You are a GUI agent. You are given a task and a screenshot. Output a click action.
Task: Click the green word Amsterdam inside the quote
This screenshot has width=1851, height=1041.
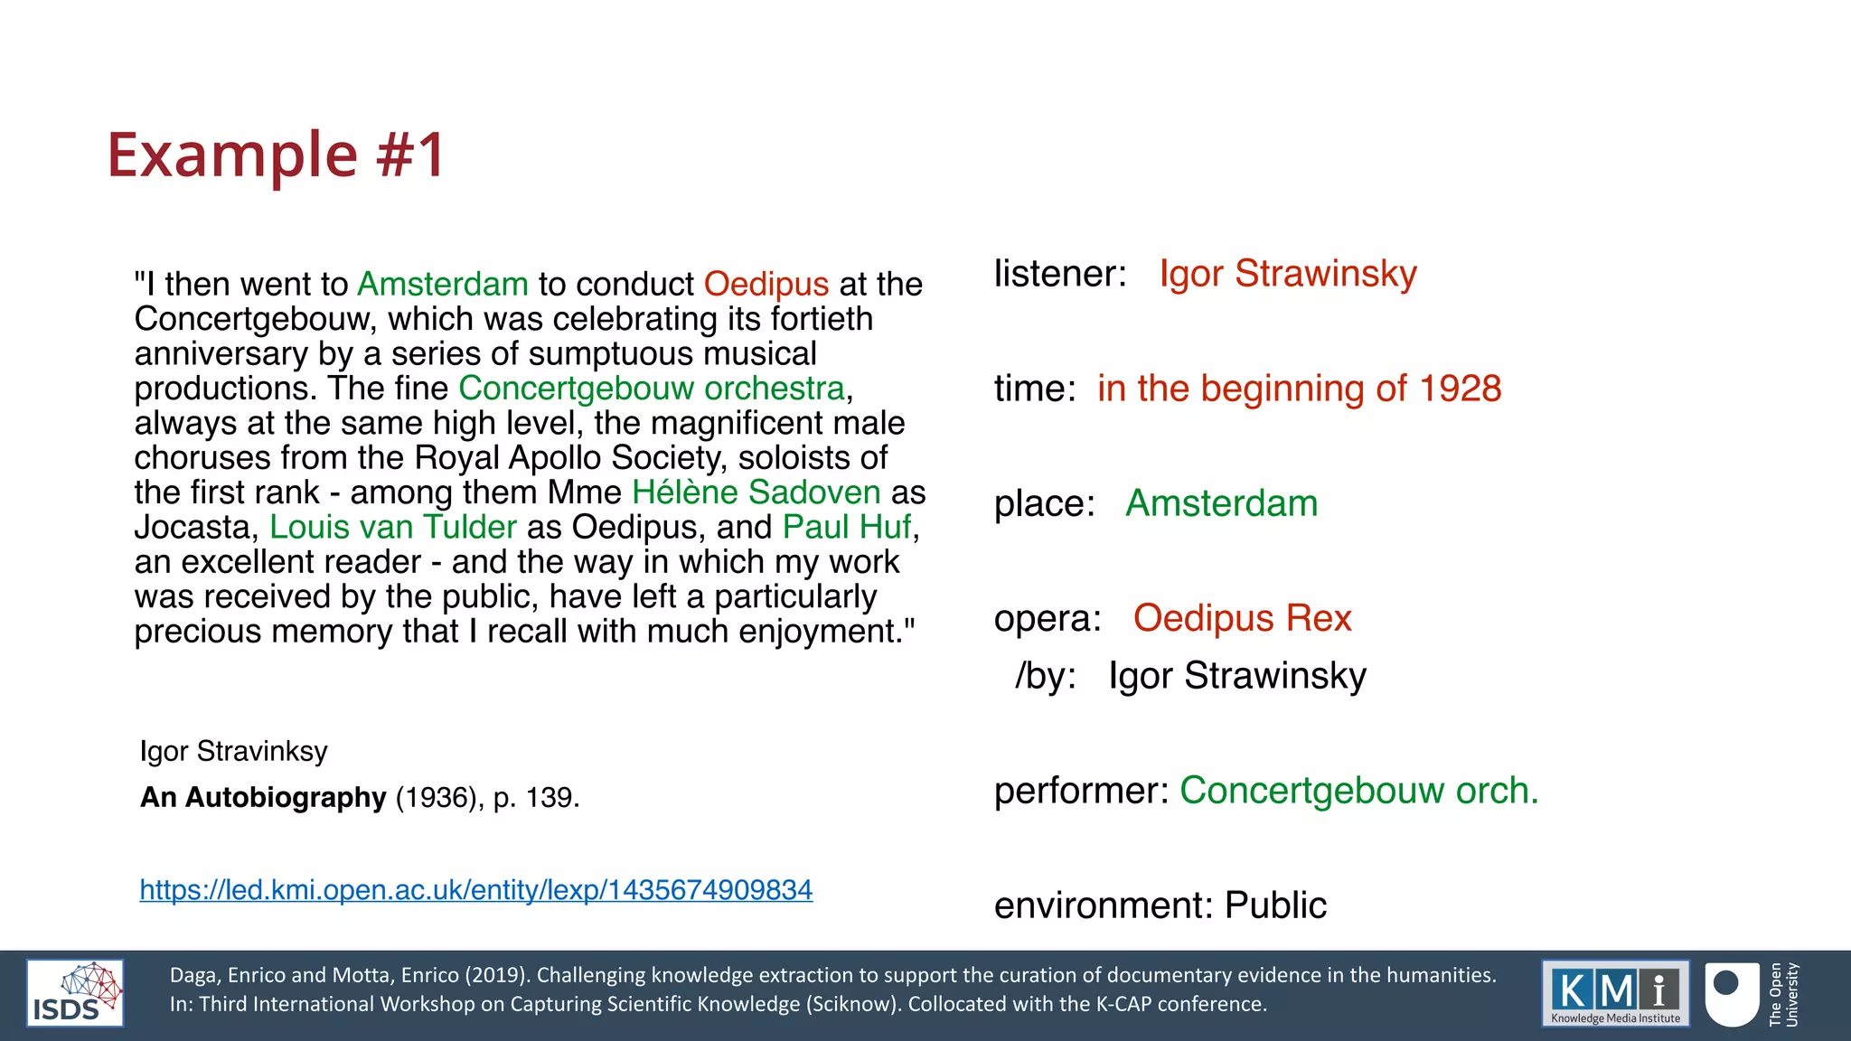[x=443, y=285]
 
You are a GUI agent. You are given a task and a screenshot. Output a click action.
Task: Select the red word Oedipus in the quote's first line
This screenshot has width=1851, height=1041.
[x=766, y=285]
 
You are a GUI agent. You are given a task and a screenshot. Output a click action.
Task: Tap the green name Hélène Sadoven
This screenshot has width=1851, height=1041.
[x=756, y=492]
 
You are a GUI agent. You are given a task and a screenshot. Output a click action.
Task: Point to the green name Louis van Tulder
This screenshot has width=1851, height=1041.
[x=393, y=527]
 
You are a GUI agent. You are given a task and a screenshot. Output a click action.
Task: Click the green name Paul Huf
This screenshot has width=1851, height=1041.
[x=847, y=527]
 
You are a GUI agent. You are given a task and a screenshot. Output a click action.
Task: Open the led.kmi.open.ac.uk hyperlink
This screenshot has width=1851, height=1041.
[x=476, y=890]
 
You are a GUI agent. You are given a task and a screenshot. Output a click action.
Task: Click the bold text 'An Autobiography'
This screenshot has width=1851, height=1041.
[x=263, y=797]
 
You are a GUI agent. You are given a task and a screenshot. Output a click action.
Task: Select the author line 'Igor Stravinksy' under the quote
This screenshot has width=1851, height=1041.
[x=233, y=751]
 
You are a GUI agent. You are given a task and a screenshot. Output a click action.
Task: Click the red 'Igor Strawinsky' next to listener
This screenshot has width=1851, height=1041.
[x=1288, y=274]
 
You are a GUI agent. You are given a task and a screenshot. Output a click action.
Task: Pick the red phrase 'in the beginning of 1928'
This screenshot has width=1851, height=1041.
[x=1299, y=389]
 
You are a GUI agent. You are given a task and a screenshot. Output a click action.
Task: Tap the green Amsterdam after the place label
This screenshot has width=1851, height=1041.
[x=1221, y=503]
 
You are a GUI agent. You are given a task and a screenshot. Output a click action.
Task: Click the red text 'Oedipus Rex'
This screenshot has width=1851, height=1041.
[x=1242, y=618]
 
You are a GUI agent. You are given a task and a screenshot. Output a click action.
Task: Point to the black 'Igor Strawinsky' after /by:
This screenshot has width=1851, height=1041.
[x=1237, y=676]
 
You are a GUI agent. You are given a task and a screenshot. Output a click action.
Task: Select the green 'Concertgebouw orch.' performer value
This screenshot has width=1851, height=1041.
[x=1358, y=791]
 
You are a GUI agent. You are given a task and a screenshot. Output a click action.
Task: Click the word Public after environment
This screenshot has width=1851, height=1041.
[x=1275, y=905]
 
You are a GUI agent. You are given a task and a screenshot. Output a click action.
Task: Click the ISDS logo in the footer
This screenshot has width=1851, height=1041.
[x=75, y=993]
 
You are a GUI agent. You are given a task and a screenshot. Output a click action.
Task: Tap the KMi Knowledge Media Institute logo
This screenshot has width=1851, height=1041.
[x=1615, y=993]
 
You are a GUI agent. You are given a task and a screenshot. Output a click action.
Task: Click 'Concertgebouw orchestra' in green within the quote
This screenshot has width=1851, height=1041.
[x=652, y=389]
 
